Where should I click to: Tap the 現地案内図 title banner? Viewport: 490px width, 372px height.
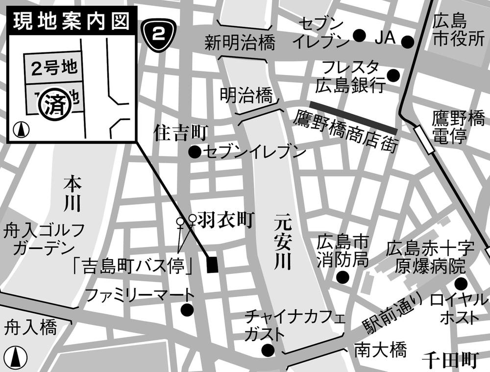point(71,21)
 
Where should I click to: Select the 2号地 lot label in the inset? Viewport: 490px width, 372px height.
point(54,68)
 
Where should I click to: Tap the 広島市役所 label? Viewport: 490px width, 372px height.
point(458,30)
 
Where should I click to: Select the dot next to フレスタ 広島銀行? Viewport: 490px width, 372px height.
point(393,75)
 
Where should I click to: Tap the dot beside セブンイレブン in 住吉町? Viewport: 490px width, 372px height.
point(195,152)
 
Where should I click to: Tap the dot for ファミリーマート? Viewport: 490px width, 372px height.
point(187,310)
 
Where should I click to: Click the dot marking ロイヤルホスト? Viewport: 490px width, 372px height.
point(461,283)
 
